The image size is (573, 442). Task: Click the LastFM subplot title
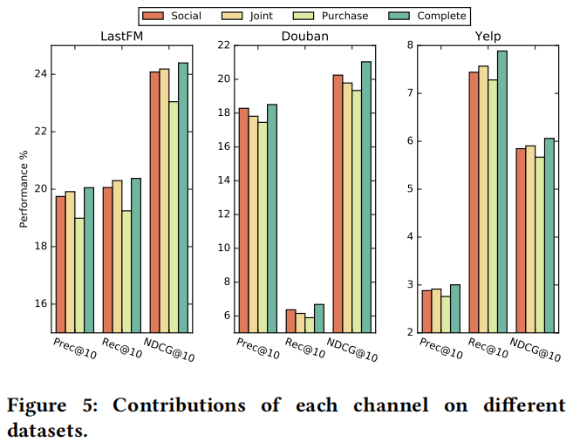121,36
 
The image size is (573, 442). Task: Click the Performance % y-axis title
24,189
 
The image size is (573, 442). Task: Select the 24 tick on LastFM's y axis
39,74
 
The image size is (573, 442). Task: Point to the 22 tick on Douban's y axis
224,45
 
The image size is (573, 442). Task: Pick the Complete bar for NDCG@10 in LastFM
183,197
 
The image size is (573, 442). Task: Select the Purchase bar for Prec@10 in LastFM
79,275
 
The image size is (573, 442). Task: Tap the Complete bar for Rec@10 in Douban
318,317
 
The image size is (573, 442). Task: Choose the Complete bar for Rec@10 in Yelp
501,191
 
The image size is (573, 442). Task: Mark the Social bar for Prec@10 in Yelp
426,310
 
